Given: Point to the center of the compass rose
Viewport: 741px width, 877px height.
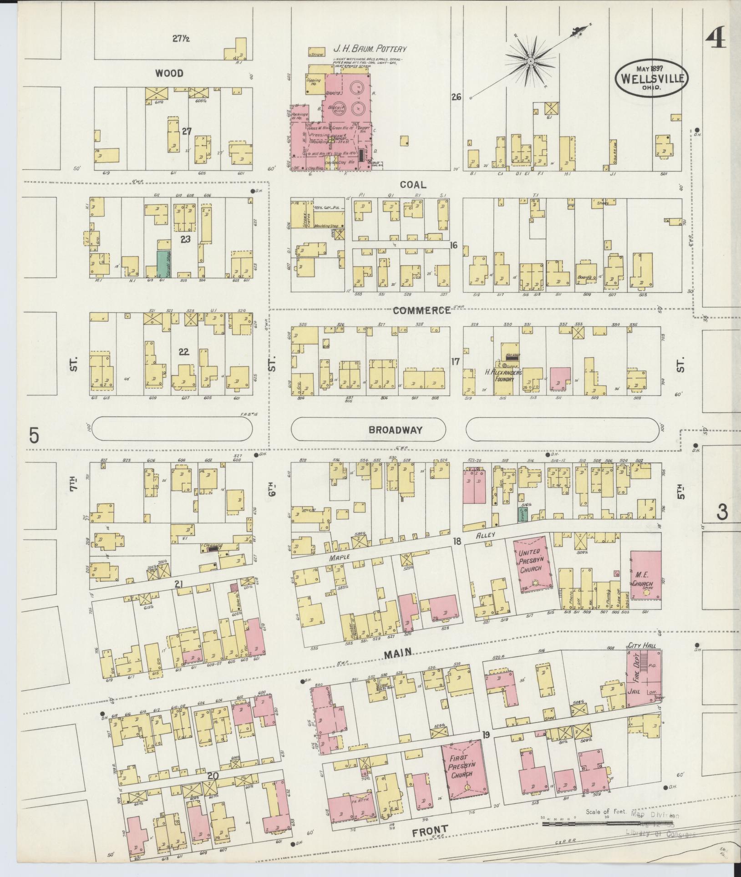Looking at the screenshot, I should tap(531, 60).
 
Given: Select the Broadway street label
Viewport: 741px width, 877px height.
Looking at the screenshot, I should tap(396, 430).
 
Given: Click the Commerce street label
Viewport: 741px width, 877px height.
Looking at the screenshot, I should tap(421, 310).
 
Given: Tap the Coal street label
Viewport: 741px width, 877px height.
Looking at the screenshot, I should tap(413, 184).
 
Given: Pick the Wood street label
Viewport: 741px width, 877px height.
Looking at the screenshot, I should tap(169, 73).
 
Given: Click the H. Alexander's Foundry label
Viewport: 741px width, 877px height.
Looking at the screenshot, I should tap(503, 375).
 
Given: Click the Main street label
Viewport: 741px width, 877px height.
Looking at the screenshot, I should tap(398, 654).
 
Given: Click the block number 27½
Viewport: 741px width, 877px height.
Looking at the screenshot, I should tap(181, 39).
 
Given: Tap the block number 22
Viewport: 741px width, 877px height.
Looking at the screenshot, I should tap(183, 352).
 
